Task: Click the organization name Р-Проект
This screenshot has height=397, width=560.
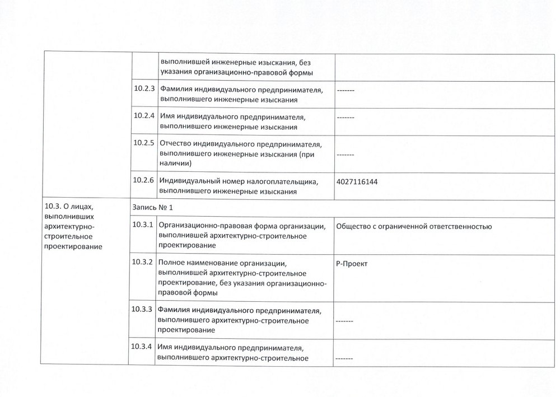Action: (352, 264)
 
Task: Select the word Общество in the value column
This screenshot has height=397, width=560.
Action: (354, 226)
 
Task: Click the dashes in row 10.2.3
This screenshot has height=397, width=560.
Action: (346, 90)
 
